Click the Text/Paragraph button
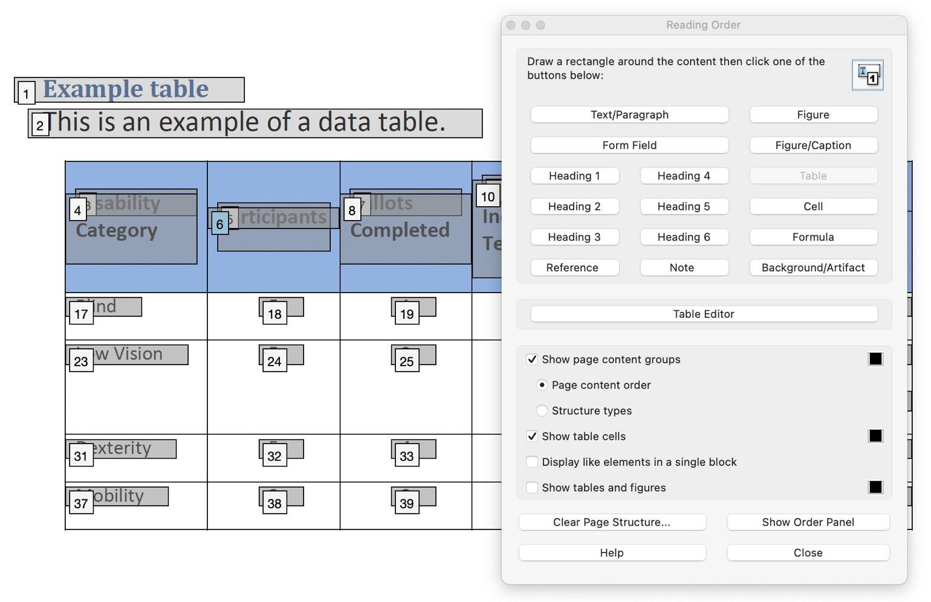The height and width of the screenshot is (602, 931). pos(629,115)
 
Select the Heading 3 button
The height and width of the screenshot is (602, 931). pos(574,237)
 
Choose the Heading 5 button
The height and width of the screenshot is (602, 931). pos(683,206)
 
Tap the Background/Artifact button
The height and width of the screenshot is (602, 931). pos(813,267)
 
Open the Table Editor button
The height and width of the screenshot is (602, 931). pos(703,314)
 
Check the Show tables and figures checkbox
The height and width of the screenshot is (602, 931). pos(532,487)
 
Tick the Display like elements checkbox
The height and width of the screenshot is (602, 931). pos(532,462)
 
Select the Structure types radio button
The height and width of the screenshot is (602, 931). pos(542,410)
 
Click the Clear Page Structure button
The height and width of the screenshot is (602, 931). pos(611,522)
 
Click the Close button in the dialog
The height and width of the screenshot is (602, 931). pos(808,552)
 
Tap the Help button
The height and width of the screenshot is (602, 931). pos(611,552)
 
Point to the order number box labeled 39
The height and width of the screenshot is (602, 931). pos(406,503)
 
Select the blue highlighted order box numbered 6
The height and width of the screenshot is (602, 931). pos(219,224)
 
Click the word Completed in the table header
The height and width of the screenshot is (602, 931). pos(400,230)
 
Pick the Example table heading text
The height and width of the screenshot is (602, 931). pos(126,89)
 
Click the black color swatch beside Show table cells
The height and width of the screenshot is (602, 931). pos(875,436)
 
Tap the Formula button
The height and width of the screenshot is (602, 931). pos(813,237)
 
